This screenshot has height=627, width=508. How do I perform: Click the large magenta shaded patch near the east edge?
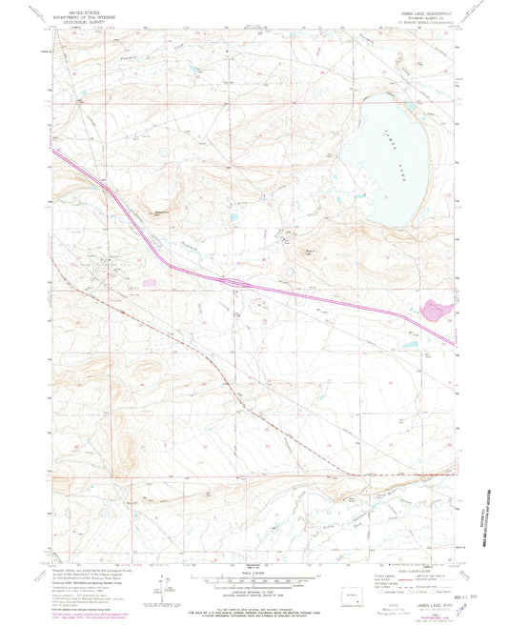point(437,309)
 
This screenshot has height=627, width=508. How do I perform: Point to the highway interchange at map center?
point(238,281)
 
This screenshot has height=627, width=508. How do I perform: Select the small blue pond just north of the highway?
point(234,218)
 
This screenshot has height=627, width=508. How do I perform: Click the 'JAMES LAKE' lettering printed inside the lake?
point(390,129)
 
